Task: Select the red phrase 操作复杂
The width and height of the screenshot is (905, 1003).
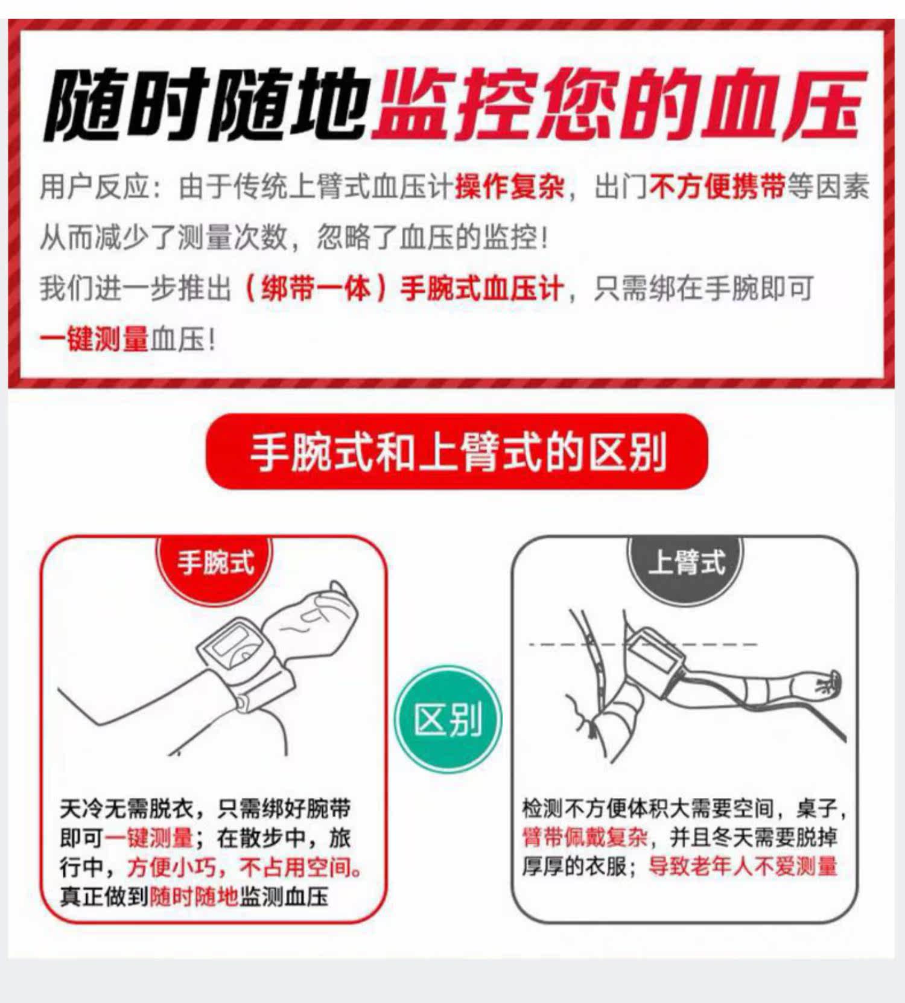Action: (x=510, y=187)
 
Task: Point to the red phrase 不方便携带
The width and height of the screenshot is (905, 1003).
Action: (x=717, y=187)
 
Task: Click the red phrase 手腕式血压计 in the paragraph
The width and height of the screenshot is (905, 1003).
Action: (x=482, y=288)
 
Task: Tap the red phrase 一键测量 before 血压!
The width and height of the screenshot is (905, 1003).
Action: (x=94, y=339)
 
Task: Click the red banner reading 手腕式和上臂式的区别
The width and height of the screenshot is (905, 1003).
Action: (x=457, y=451)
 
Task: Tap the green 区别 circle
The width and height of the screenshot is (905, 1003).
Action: (x=448, y=720)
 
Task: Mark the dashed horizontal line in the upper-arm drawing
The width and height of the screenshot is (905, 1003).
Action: (x=643, y=645)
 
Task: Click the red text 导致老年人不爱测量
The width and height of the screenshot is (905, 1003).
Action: (x=743, y=867)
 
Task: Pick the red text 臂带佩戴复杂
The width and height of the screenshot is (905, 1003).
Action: (x=585, y=838)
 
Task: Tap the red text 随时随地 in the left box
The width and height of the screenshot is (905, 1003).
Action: (x=194, y=897)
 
